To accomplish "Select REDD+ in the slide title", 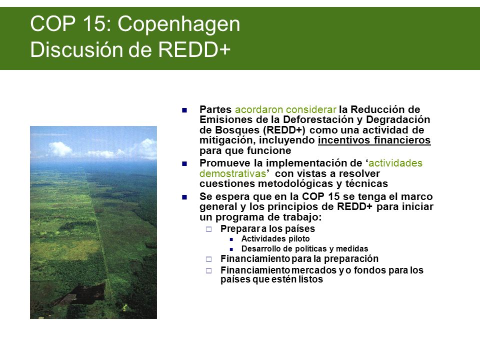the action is coord(194,49).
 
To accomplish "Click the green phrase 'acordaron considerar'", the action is coord(285,109).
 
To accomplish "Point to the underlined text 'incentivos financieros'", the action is coord(374,140).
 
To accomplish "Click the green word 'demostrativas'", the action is coord(233,173).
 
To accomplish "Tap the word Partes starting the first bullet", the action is coord(215,109).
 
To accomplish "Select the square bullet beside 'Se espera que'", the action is coord(184,197).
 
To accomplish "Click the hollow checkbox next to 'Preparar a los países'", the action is coord(209,229).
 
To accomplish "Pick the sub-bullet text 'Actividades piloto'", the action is coord(275,239).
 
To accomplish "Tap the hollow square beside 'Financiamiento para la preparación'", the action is coord(209,259).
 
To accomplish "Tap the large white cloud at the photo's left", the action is coord(60,149).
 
